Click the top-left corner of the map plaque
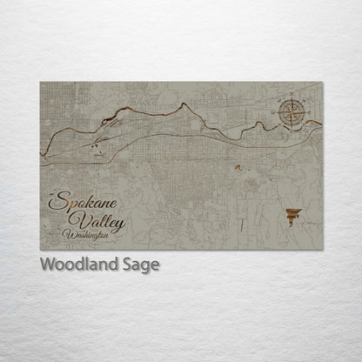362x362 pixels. [41, 82]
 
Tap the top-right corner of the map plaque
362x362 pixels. [323, 82]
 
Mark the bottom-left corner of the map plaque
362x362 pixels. [41, 250]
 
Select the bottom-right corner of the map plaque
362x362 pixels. [323, 250]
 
